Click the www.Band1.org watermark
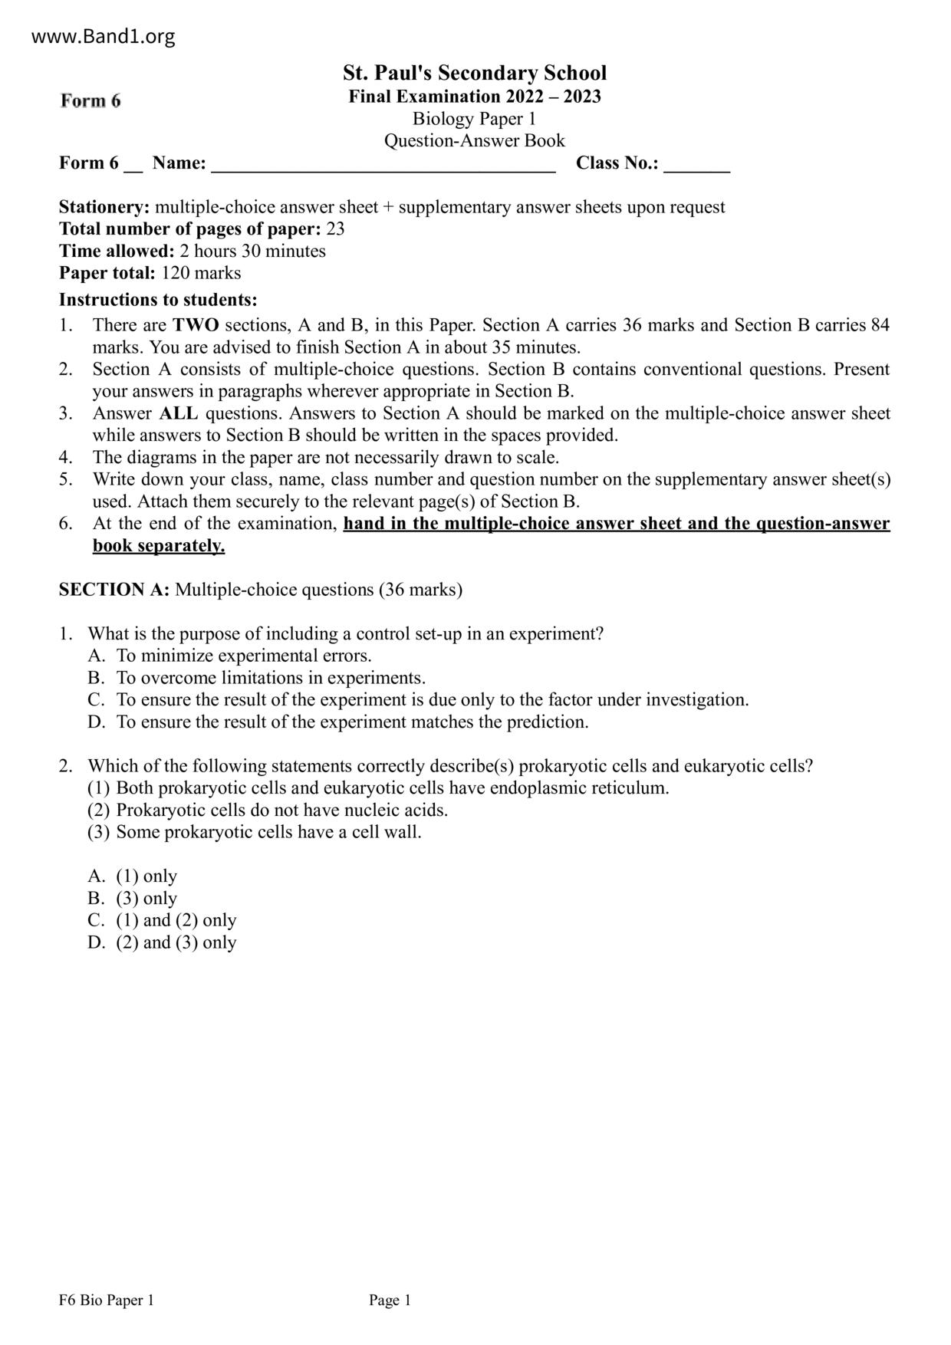click(x=104, y=36)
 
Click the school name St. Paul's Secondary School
click(x=475, y=73)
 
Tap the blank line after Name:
click(x=383, y=164)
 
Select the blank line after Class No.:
click(x=696, y=164)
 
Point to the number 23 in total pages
click(x=335, y=229)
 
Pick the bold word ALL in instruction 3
click(x=179, y=413)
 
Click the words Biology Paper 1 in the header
click(x=474, y=119)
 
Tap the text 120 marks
click(x=201, y=273)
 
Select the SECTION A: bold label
click(x=114, y=590)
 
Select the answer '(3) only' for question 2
click(x=146, y=898)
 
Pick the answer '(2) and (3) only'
click(x=176, y=942)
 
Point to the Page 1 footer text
click(x=390, y=1300)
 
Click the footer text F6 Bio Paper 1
click(x=106, y=1300)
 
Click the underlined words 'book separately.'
click(x=159, y=546)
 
